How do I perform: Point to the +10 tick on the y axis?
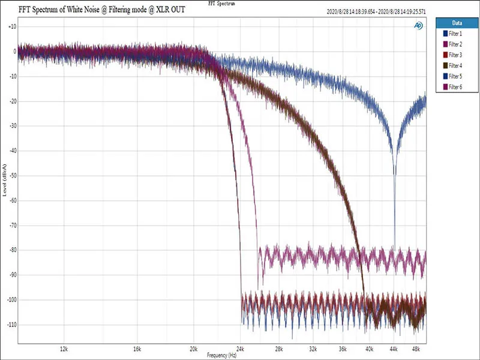tap(11, 27)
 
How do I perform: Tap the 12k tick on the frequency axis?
tap(64, 348)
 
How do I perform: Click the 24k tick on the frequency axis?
tap(241, 348)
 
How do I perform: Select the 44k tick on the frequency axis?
tap(394, 348)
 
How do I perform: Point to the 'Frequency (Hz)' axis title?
tap(221, 355)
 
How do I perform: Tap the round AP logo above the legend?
tap(418, 25)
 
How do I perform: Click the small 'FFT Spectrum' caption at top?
tap(222, 3)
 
